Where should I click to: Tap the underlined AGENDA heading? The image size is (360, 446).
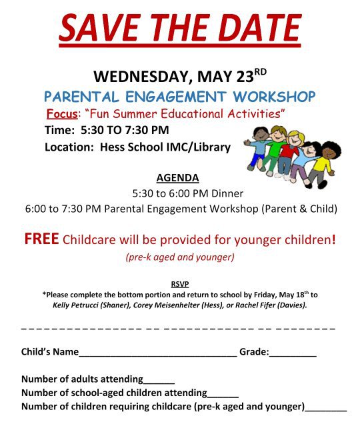tap(177, 178)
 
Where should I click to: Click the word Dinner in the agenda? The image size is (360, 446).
tap(227, 193)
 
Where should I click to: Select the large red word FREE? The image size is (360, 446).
tap(41, 239)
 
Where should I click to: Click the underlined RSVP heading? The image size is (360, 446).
tap(179, 284)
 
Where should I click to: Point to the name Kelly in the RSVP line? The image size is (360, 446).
tap(64, 305)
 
